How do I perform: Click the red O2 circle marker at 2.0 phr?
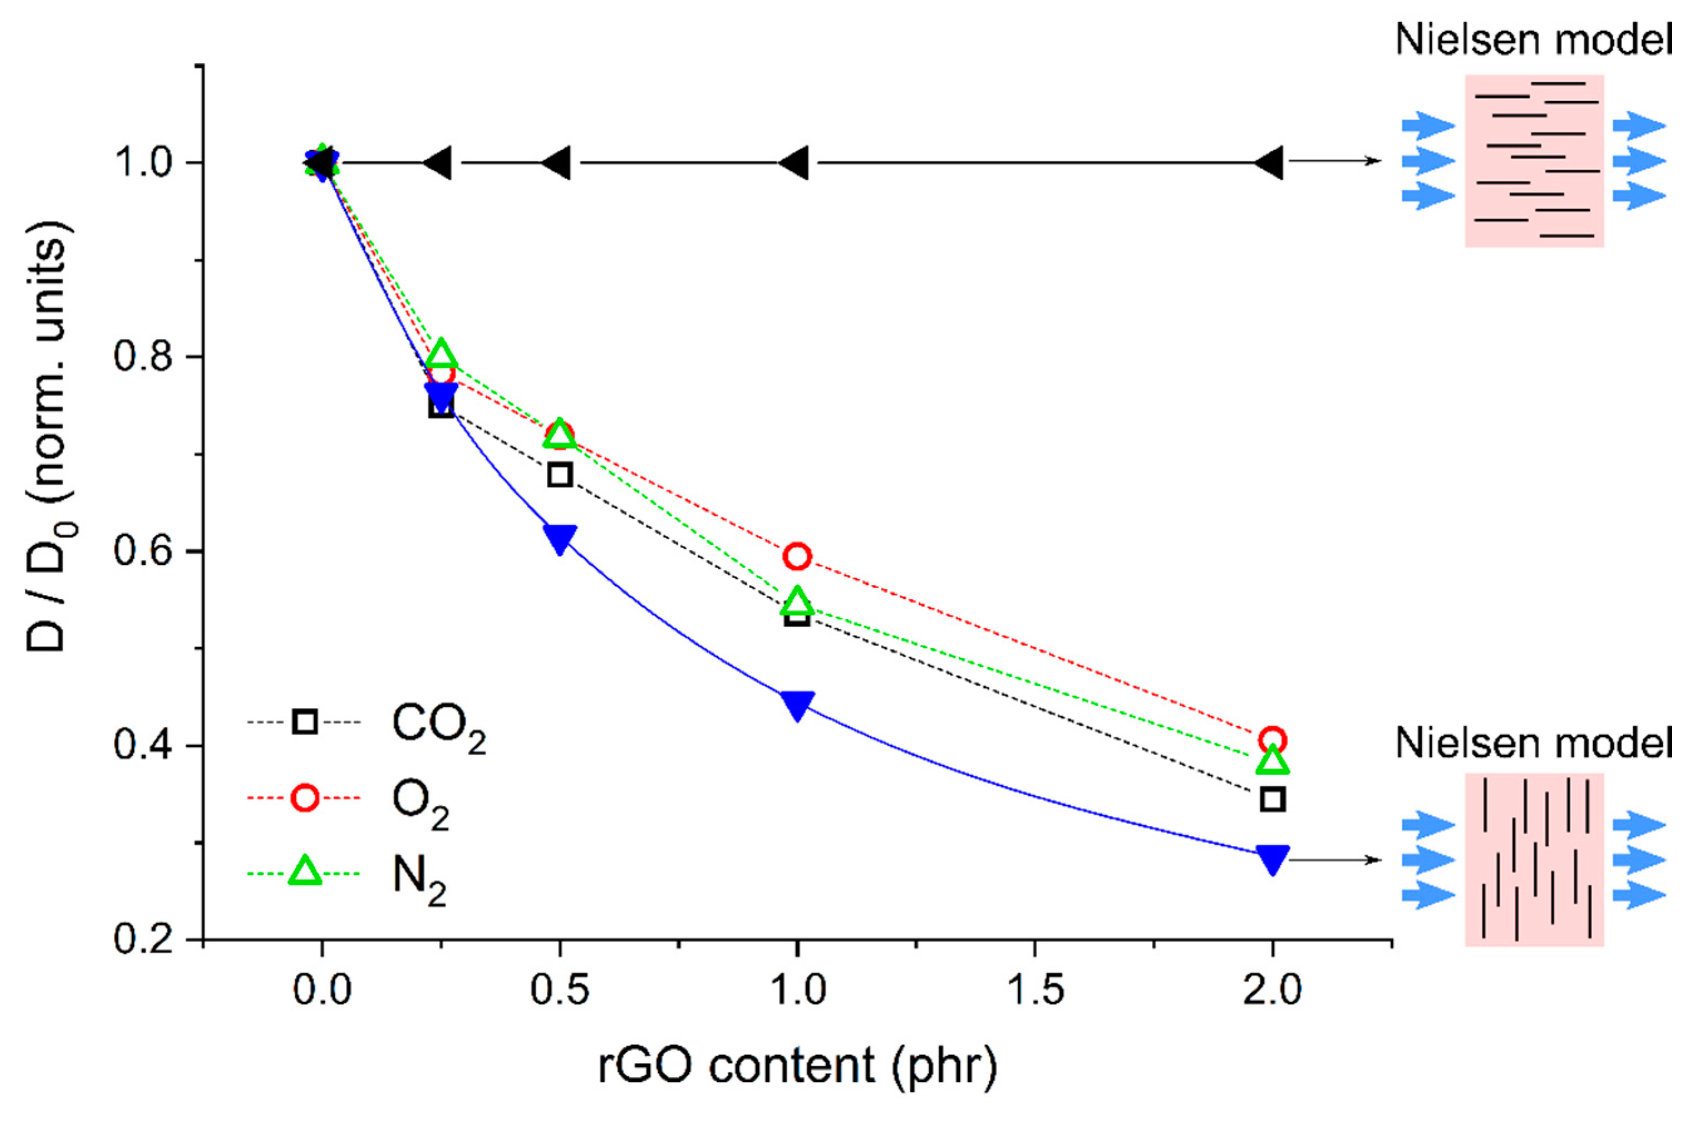tap(1272, 739)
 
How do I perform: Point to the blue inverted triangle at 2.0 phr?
tap(1272, 858)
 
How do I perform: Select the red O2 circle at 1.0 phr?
tap(797, 556)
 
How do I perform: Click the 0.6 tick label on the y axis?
tap(143, 551)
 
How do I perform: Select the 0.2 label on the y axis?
tap(143, 939)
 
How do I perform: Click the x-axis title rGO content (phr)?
tap(797, 1065)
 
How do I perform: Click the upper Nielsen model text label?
tap(1534, 40)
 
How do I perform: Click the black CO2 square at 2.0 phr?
tap(1272, 799)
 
